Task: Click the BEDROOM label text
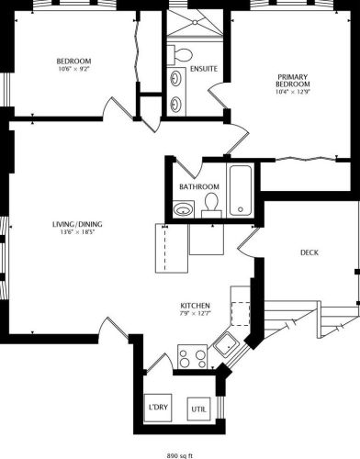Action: [x=74, y=62]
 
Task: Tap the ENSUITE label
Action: [x=204, y=69]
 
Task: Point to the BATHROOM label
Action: [x=198, y=187]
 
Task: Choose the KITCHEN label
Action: [x=196, y=306]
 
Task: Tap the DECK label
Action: [x=309, y=253]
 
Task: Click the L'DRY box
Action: [x=158, y=409]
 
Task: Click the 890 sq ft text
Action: [x=180, y=453]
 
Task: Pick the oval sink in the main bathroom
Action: [x=183, y=210]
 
